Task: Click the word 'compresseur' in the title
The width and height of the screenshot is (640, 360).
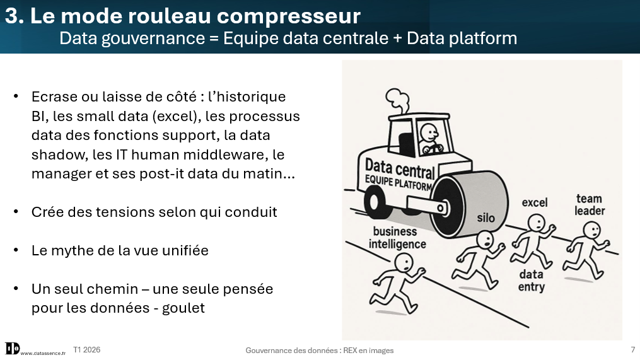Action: (288, 16)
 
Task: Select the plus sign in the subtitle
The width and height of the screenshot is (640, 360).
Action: (397, 38)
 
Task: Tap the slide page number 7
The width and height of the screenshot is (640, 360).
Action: (633, 349)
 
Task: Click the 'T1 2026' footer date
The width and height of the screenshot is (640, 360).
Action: (86, 350)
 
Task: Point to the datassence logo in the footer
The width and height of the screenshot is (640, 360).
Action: (12, 349)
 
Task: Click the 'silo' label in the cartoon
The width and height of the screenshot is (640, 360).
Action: (486, 218)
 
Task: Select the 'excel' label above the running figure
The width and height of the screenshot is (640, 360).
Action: (534, 202)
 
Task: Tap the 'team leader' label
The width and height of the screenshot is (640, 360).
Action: (590, 204)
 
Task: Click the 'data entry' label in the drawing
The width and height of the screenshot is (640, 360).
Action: (531, 281)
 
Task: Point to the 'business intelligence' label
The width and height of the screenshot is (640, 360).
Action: (397, 238)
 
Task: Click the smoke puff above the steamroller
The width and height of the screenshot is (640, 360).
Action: (397, 100)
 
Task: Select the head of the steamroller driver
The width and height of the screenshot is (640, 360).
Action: (429, 132)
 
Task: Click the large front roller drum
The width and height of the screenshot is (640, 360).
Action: (468, 206)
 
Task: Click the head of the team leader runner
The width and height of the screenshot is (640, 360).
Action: (591, 231)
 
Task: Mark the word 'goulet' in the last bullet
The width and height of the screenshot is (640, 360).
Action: (183, 308)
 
